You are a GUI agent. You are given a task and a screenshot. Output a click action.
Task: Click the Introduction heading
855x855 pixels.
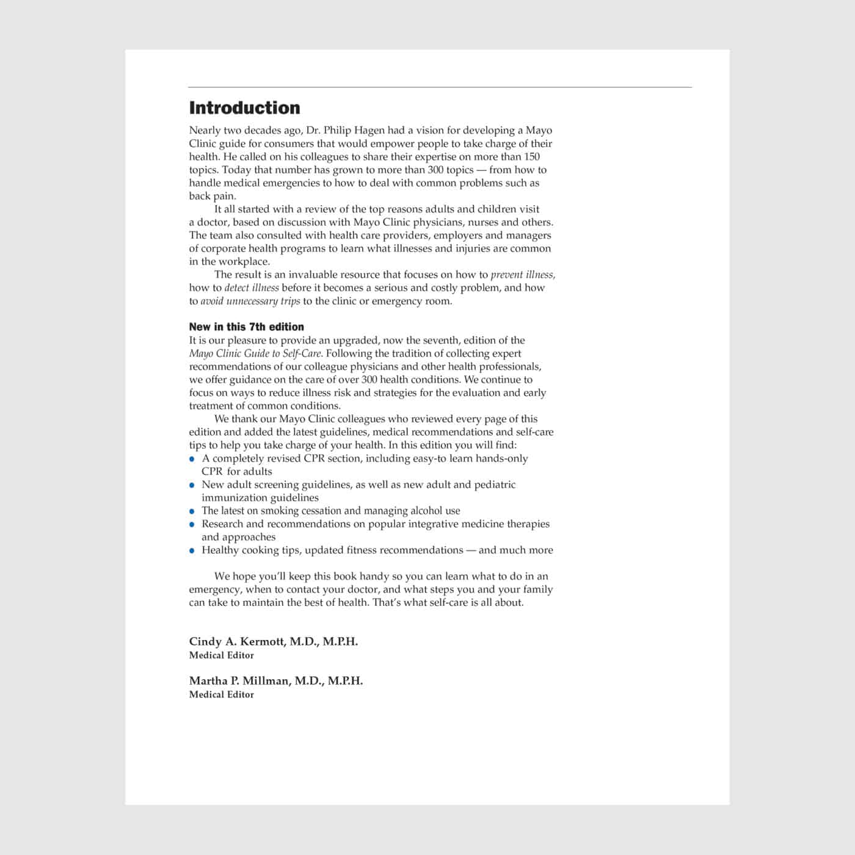click(244, 108)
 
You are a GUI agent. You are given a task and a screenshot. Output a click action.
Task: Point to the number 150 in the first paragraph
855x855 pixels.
click(533, 156)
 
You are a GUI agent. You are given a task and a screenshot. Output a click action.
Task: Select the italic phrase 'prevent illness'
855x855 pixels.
click(523, 275)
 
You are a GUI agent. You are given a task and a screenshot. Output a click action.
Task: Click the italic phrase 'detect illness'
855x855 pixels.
click(252, 288)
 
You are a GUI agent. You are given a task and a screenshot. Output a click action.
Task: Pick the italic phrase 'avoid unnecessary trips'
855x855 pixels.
click(250, 301)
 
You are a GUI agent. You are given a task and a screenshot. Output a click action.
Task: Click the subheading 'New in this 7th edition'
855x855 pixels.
click(246, 327)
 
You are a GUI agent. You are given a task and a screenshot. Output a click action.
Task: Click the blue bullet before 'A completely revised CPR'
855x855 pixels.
click(192, 459)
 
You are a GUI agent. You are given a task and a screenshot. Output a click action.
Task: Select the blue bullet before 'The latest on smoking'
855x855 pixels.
click(192, 511)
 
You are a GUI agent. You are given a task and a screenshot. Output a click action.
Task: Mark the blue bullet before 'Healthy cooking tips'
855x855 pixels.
click(192, 551)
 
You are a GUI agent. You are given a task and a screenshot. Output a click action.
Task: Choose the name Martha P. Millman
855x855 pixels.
click(241, 680)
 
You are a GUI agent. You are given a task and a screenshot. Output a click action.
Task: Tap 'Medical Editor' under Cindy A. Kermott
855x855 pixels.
click(221, 655)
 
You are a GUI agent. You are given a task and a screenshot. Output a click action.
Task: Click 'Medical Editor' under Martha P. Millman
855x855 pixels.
click(221, 694)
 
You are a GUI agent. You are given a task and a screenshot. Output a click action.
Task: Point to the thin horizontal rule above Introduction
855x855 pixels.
click(440, 87)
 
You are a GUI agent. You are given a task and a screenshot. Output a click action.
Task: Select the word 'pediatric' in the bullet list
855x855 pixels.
click(495, 485)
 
